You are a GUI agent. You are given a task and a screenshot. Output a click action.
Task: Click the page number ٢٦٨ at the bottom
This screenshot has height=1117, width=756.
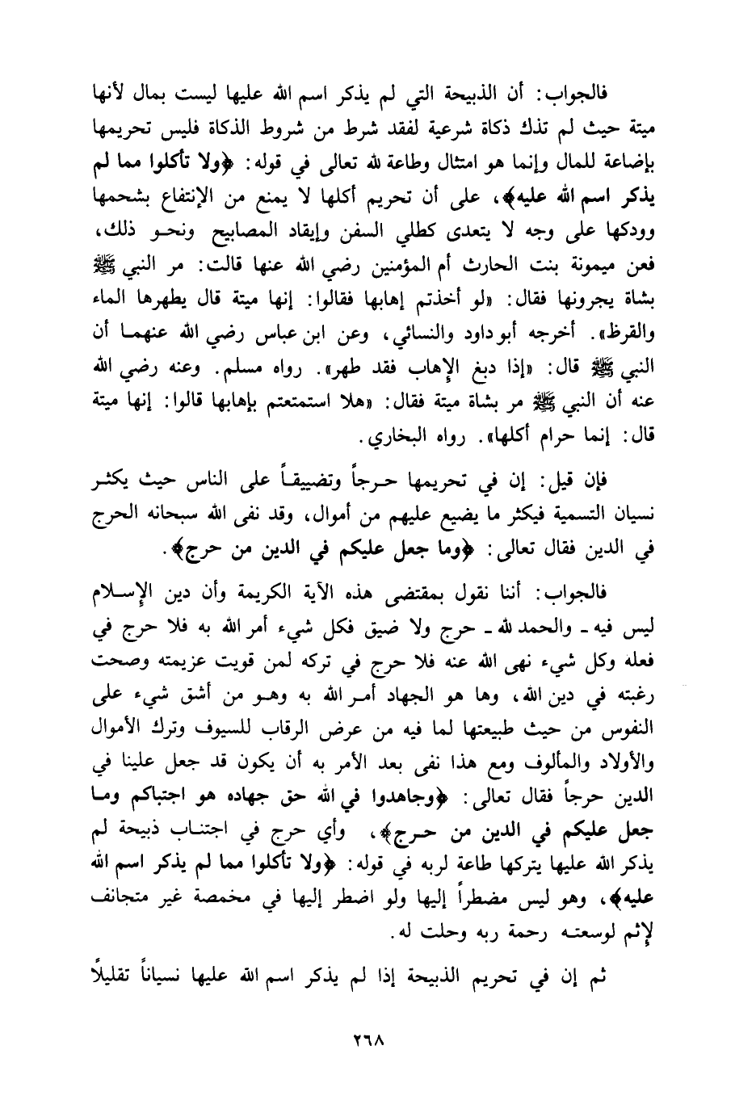pos(377,1040)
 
